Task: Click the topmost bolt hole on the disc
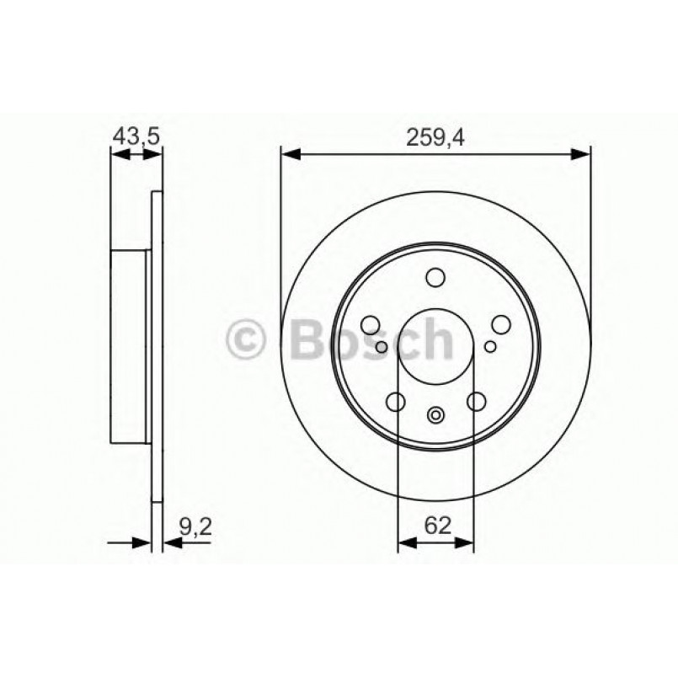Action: point(435,277)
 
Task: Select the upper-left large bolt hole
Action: point(369,325)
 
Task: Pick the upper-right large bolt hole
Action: point(501,325)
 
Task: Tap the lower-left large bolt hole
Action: point(395,402)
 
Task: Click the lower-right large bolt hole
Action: point(477,402)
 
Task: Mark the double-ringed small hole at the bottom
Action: point(435,414)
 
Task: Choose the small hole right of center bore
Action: point(490,346)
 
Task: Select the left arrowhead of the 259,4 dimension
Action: point(290,154)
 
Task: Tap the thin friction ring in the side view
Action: point(156,347)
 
